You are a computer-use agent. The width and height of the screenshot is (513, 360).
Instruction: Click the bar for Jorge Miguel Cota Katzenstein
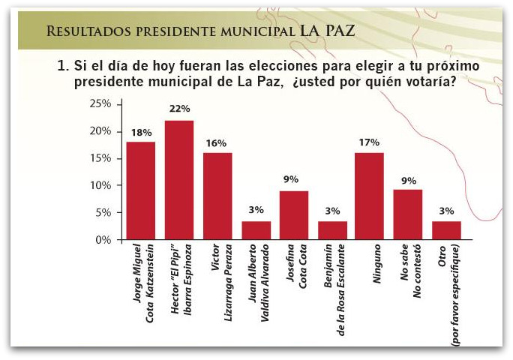click(140, 190)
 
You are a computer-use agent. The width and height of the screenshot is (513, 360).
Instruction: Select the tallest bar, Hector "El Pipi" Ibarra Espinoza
click(179, 180)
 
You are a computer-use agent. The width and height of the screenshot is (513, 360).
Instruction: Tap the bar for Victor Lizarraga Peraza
click(217, 196)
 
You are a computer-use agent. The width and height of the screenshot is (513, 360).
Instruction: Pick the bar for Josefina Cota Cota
click(294, 215)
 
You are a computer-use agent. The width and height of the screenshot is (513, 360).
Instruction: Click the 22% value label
click(179, 109)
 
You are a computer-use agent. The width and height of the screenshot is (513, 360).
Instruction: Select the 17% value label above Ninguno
click(370, 142)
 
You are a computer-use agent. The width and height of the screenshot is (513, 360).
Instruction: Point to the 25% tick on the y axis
click(100, 103)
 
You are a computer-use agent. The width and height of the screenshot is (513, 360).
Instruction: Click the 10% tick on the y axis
click(100, 185)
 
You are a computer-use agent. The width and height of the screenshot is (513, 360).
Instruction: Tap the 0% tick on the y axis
click(103, 240)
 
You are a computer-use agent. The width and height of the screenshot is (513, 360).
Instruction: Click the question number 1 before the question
click(62, 66)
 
